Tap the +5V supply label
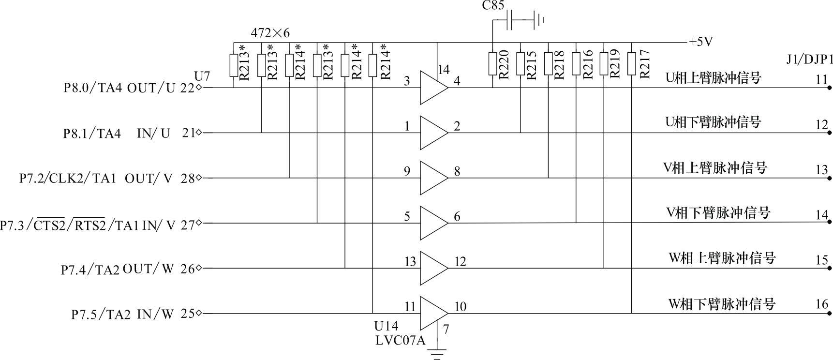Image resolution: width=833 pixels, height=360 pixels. pos(701,42)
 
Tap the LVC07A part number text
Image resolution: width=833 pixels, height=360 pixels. pos(401,341)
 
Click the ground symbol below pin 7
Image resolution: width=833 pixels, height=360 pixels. pos(437,354)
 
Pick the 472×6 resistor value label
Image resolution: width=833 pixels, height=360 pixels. pos(270,33)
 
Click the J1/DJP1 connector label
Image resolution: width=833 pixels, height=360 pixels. pos(810,60)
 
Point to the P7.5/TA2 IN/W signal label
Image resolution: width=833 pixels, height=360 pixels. pos(122,314)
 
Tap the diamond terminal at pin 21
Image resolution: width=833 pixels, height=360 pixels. pos(199,133)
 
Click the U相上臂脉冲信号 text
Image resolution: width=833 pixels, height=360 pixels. pos(714,77)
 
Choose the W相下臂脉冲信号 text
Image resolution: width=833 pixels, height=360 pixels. pos(722,304)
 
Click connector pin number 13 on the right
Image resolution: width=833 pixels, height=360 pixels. pos(822,170)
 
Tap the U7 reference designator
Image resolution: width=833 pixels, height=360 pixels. pos(202,76)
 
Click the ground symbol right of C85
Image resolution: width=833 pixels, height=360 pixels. pos(539,20)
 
